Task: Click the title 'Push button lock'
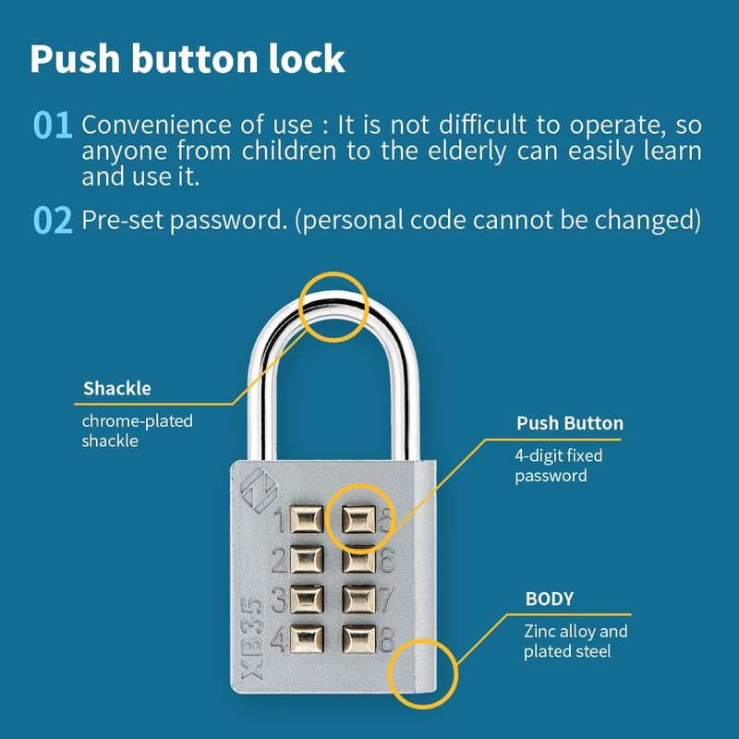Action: [188, 58]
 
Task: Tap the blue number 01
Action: [53, 126]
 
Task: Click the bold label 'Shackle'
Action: [117, 388]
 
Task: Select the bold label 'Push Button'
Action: [569, 424]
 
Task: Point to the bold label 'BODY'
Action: [550, 599]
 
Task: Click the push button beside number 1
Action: [308, 518]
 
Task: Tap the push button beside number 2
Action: [308, 558]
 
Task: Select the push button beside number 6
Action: [357, 558]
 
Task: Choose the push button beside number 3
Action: [308, 598]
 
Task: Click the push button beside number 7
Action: [357, 598]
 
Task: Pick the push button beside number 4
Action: [308, 637]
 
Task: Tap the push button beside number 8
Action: [357, 637]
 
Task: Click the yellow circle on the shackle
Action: [333, 306]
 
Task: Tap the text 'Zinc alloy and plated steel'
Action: [575, 642]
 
